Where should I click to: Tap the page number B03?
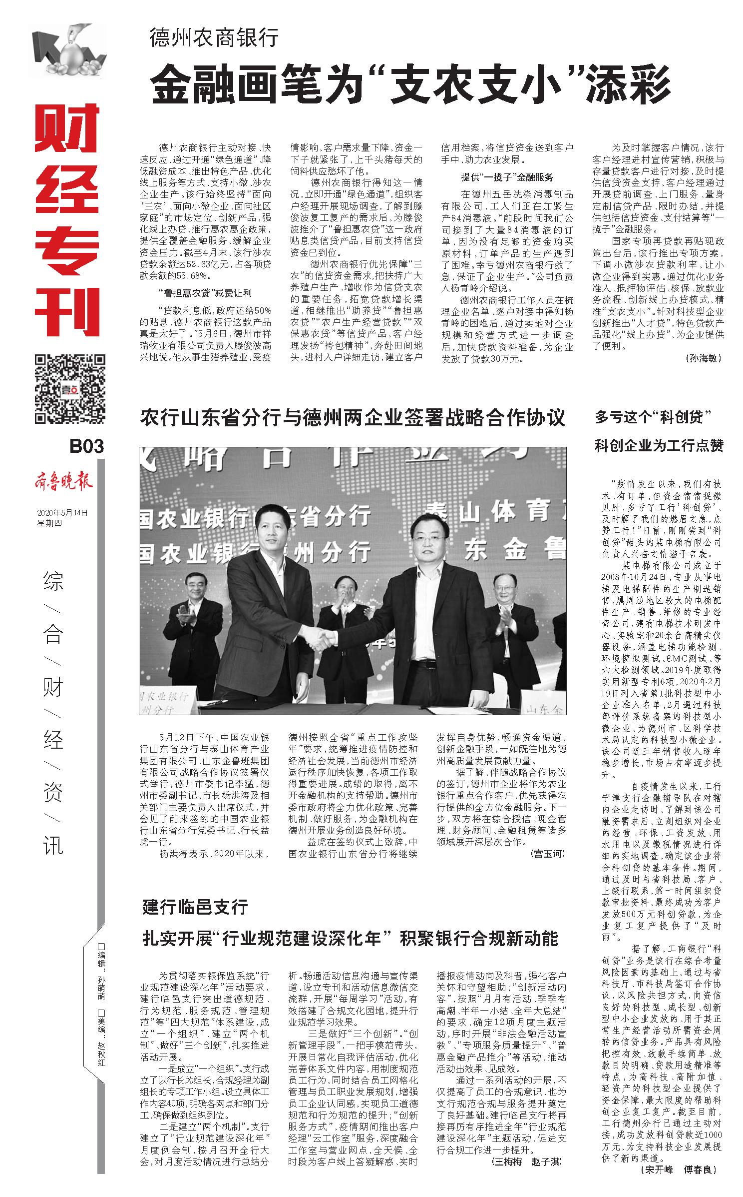click(86, 445)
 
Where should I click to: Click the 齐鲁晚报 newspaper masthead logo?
click(63, 482)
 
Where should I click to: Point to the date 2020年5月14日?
click(62, 513)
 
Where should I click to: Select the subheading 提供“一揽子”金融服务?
click(506, 177)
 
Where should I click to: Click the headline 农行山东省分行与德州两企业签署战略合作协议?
click(353, 417)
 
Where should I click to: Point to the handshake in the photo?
click(321, 637)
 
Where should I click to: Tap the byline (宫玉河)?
click(548, 853)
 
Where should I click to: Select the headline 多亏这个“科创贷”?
click(652, 417)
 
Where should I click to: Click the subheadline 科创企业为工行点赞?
click(659, 445)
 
